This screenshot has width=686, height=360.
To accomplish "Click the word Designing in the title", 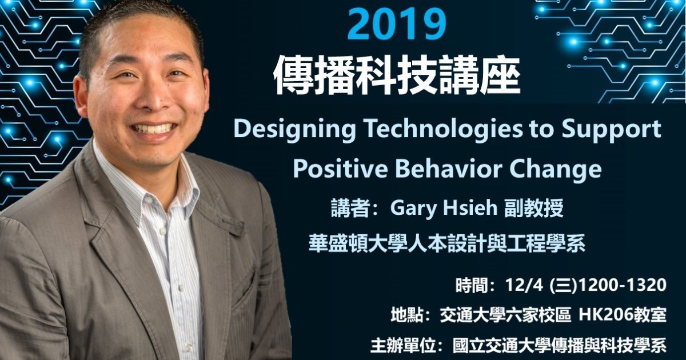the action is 294,130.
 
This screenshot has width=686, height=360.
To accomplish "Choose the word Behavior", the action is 449,169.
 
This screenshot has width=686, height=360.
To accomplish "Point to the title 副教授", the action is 534,209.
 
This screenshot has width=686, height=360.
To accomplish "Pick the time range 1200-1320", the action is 622,285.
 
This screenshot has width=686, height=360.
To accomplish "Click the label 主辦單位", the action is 403,346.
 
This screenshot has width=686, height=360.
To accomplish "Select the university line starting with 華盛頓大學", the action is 447,243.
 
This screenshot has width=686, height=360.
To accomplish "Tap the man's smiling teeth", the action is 153,127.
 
